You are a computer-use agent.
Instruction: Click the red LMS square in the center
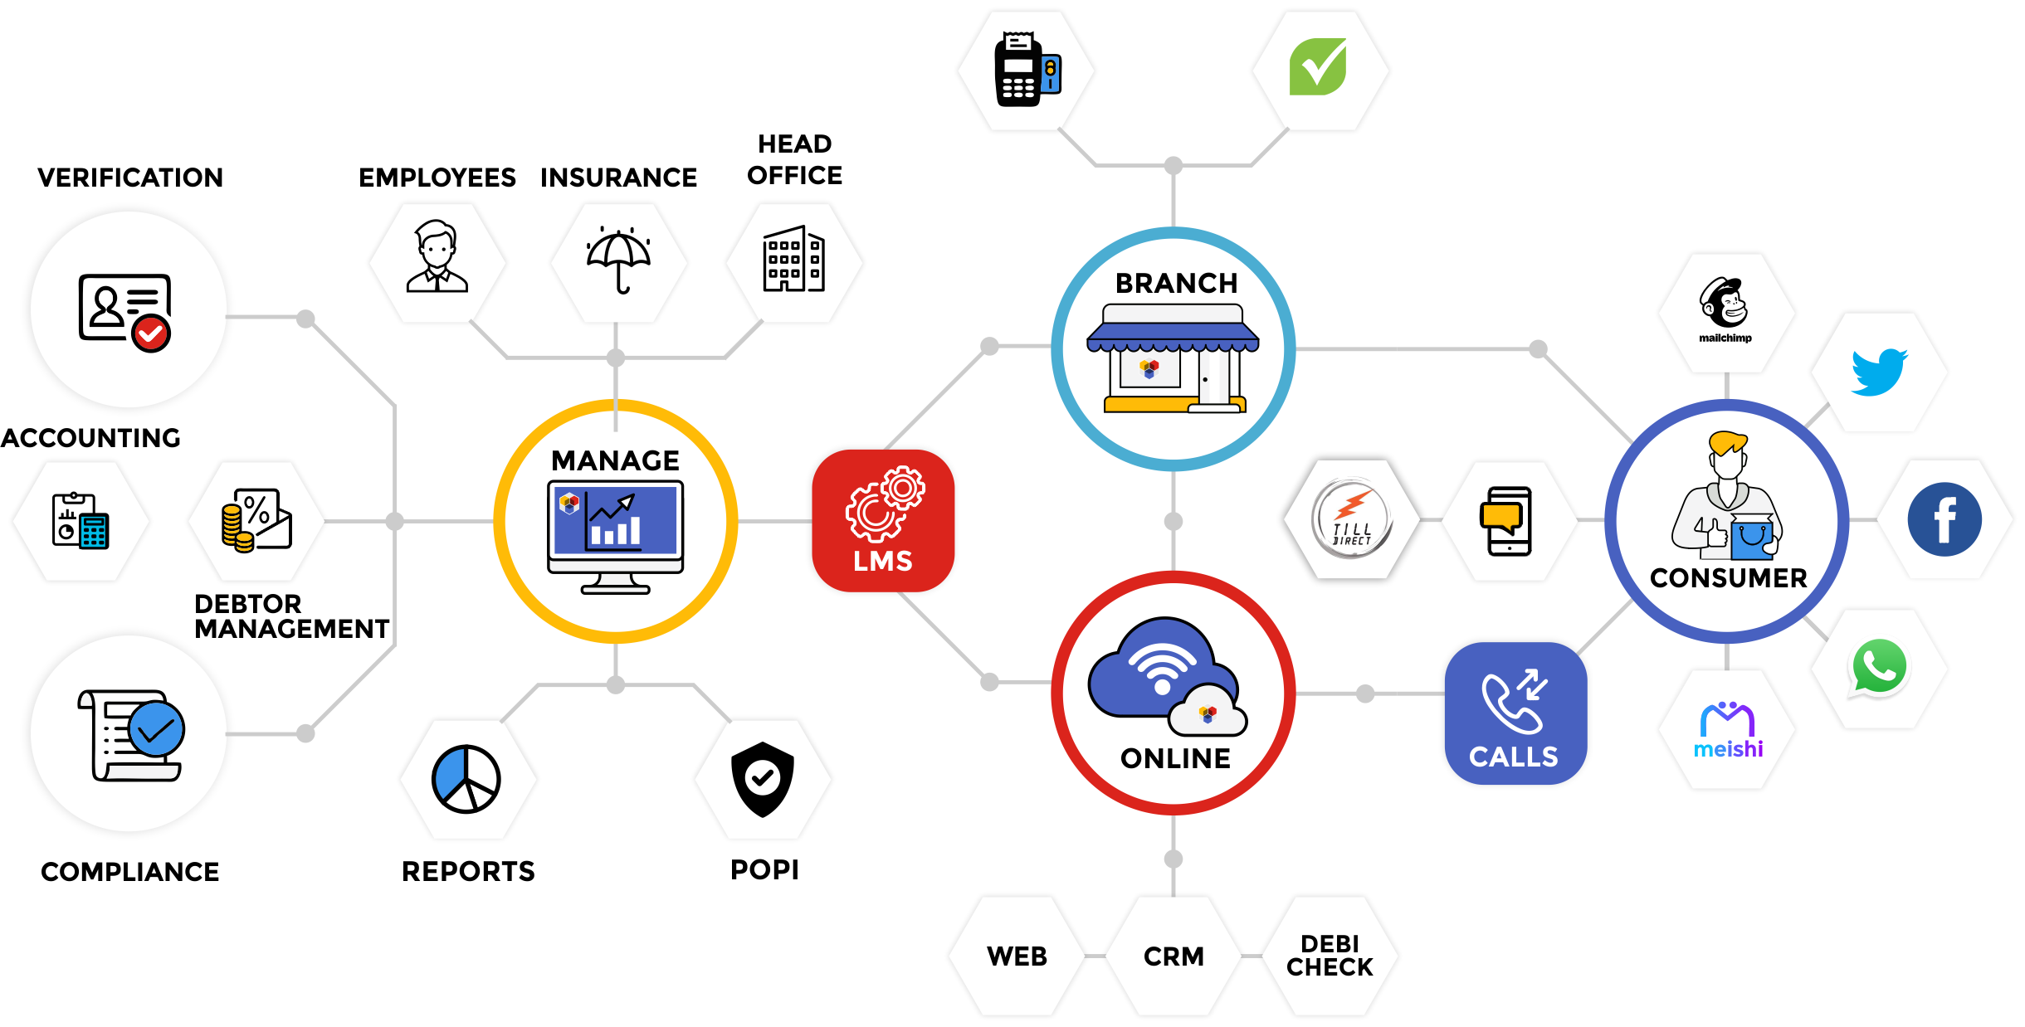pos(882,520)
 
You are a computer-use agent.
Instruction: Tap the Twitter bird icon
pos(1878,372)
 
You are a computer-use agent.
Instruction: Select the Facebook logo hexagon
pos(1944,519)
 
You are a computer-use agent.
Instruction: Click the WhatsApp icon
pos(1878,666)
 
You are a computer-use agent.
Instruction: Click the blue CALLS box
pos(1515,713)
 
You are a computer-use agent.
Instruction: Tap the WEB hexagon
pos(1017,956)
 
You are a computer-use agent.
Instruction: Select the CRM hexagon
pos(1174,956)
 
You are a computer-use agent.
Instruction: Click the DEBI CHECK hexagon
pos(1330,956)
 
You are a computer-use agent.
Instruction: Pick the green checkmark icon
pos(1318,67)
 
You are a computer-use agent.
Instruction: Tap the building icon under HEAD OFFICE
pos(794,259)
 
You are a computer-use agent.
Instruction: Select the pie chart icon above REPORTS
pos(466,779)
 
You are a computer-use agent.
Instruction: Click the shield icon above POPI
pos(763,779)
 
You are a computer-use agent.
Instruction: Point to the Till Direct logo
pos(1351,519)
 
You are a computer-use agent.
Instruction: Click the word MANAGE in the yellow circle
pos(615,460)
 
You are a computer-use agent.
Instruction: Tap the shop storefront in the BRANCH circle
pos(1173,358)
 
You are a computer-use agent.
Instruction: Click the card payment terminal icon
pos(1027,70)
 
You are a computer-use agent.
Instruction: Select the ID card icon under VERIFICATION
pos(125,311)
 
